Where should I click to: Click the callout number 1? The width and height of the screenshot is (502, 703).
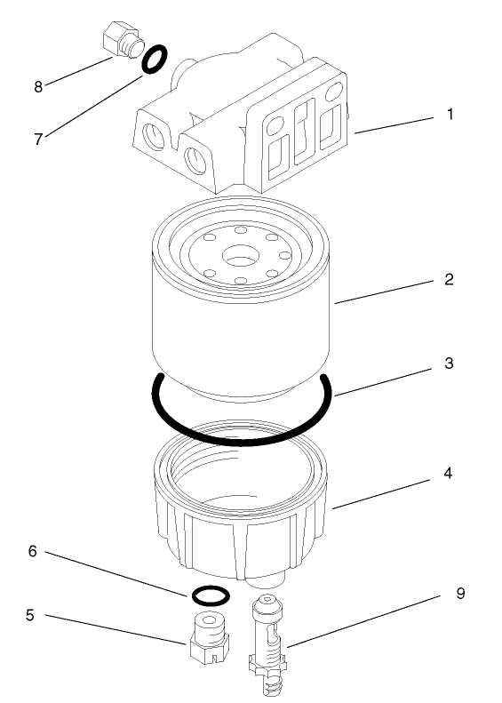tap(450, 115)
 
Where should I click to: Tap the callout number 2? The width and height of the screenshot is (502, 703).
tap(450, 279)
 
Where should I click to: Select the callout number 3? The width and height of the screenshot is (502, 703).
tap(450, 363)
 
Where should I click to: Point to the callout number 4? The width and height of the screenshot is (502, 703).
tap(450, 474)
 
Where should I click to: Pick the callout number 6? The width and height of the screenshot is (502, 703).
tap(33, 552)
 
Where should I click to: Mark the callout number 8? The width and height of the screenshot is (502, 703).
tap(38, 86)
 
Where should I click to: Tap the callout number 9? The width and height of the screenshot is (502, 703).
tap(460, 593)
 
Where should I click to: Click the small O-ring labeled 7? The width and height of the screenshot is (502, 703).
tap(155, 59)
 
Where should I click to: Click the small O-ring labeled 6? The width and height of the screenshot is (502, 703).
tap(211, 593)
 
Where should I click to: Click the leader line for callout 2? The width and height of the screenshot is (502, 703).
tap(386, 292)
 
